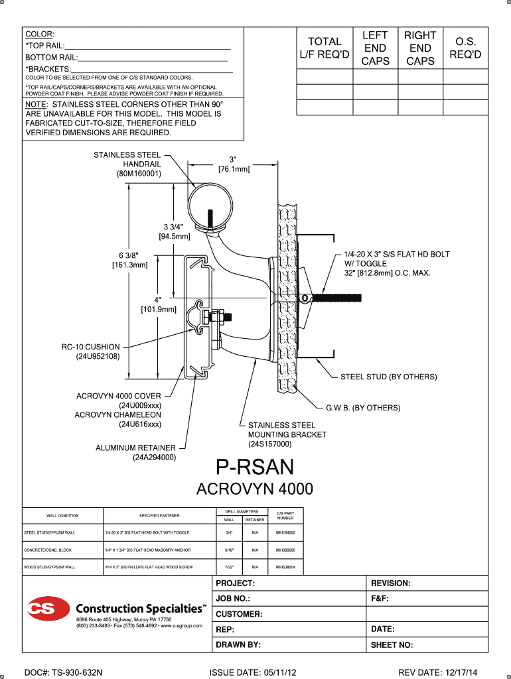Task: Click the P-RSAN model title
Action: (256, 467)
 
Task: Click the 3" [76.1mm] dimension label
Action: (233, 164)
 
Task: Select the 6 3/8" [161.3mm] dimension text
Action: (129, 260)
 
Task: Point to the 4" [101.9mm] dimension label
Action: (158, 304)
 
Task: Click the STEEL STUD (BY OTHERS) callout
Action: (388, 377)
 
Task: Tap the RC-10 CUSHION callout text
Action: (91, 351)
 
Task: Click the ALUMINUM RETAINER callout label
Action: (135, 452)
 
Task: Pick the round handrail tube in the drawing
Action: (210, 206)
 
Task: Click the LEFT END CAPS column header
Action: (375, 48)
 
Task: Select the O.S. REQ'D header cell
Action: (465, 48)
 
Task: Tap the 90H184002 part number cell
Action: (285, 532)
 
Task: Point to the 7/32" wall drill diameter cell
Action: (228, 568)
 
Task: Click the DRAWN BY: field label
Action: (238, 644)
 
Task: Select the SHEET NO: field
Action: (392, 644)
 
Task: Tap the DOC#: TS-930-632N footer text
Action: (63, 672)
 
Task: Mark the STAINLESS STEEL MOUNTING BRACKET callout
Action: (287, 434)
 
